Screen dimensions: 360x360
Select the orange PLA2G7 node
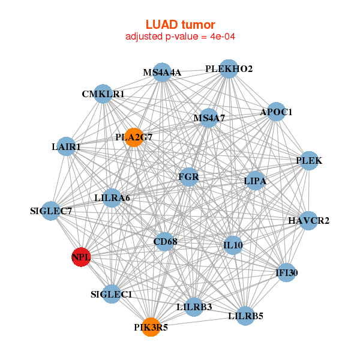point(133,137)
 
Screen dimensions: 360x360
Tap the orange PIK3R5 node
point(151,327)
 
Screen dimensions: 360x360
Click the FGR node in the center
point(188,177)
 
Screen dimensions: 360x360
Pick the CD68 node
point(164,242)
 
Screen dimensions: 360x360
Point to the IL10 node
point(233,245)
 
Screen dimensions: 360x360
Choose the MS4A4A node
point(161,73)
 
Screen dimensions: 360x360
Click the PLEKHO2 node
point(228,69)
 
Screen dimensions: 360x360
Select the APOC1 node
point(275,112)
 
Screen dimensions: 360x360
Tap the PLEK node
point(308,161)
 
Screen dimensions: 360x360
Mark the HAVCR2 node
point(308,221)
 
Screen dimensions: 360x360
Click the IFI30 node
point(286,273)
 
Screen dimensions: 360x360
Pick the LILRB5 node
point(245,315)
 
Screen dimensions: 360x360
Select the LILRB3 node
point(194,307)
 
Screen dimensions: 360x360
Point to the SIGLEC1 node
point(111,294)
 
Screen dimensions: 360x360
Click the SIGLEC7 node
point(52,211)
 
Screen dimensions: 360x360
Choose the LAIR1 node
point(66,146)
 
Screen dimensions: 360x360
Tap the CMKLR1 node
point(103,94)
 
